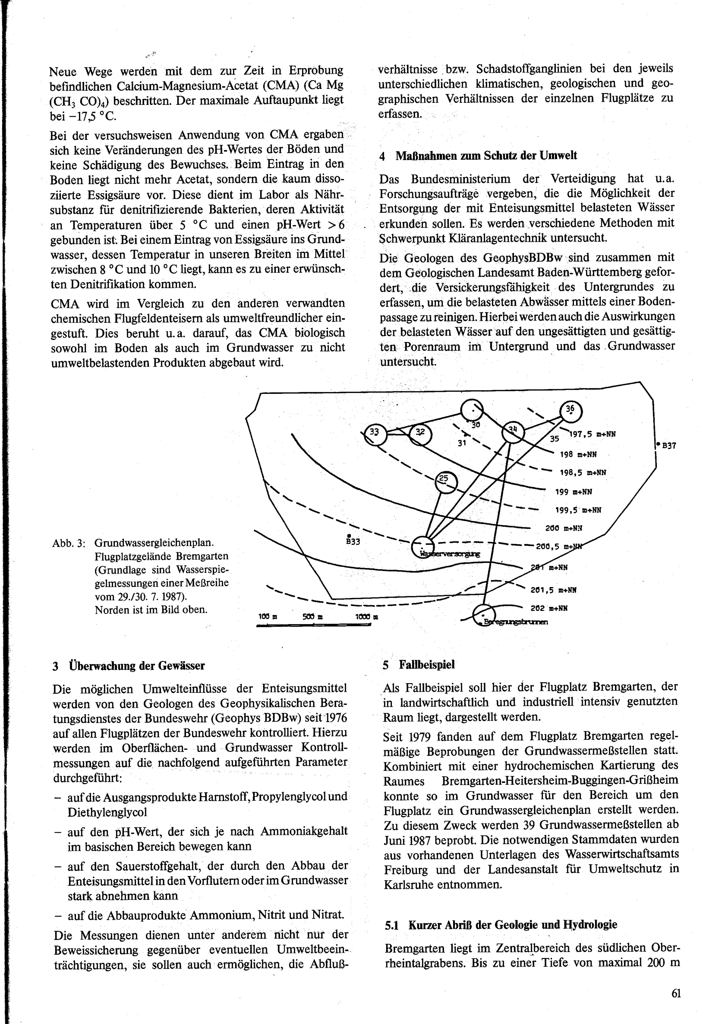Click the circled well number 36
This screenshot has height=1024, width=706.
pyautogui.click(x=570, y=409)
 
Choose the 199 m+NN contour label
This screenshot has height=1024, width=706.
pyautogui.click(x=574, y=491)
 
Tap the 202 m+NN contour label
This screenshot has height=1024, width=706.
pyautogui.click(x=549, y=608)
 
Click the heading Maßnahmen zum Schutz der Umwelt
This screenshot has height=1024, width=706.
pyautogui.click(x=486, y=156)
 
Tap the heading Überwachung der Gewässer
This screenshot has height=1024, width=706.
pyautogui.click(x=137, y=666)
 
